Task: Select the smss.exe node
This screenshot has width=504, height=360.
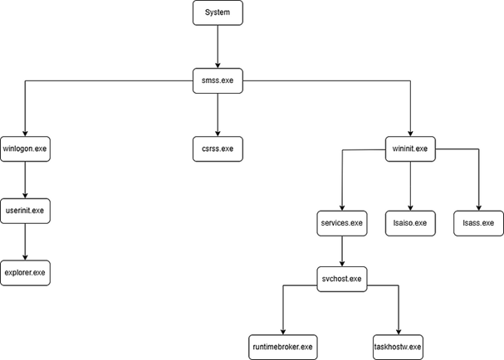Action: (217, 80)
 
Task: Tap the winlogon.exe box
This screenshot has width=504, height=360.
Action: (25, 149)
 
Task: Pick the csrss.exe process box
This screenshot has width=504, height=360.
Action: (217, 149)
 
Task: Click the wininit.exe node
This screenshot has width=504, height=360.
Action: (409, 149)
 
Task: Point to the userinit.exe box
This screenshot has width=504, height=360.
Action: (25, 211)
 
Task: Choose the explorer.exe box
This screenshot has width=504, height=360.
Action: (25, 272)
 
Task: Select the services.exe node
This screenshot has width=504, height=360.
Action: (342, 223)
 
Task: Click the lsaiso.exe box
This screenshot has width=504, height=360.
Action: (410, 223)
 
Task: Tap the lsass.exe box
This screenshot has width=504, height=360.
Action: (478, 223)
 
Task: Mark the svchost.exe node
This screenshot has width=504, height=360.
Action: (342, 278)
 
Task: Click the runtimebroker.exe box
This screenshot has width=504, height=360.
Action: (283, 345)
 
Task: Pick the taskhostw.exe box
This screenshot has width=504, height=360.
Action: (399, 345)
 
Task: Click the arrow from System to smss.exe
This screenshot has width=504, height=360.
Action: (217, 46)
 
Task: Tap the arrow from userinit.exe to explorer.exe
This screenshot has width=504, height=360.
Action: (25, 241)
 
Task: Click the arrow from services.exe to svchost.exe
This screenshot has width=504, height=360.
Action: (342, 251)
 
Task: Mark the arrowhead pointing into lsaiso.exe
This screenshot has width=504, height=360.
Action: (410, 207)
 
